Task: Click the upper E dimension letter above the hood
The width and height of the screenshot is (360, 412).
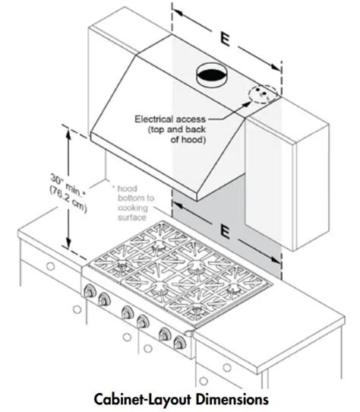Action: [x=226, y=40]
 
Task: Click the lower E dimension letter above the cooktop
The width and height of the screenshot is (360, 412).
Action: [x=225, y=232]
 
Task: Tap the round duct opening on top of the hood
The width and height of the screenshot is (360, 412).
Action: [x=212, y=75]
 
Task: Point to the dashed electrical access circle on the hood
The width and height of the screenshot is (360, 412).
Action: [x=263, y=93]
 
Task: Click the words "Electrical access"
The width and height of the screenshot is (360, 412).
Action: [x=170, y=119]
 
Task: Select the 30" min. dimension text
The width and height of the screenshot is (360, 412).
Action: [x=68, y=185]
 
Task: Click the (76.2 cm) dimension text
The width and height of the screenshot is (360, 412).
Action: [x=68, y=199]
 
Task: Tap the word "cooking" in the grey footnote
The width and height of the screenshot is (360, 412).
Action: [x=133, y=208]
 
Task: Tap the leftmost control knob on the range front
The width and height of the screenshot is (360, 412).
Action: [x=90, y=291]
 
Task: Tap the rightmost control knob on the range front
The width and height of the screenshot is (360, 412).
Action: [x=179, y=343]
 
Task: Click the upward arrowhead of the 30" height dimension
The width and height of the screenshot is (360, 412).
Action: [x=68, y=135]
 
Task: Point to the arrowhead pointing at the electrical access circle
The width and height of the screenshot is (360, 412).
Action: [x=246, y=104]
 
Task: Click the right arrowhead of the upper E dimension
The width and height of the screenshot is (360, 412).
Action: [x=276, y=67]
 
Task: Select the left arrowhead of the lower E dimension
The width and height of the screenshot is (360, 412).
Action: [x=178, y=205]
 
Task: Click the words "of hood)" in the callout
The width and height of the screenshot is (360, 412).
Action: [x=188, y=140]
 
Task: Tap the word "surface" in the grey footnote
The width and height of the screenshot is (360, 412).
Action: [x=132, y=217]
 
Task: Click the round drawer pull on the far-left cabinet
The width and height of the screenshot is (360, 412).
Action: [x=50, y=266]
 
